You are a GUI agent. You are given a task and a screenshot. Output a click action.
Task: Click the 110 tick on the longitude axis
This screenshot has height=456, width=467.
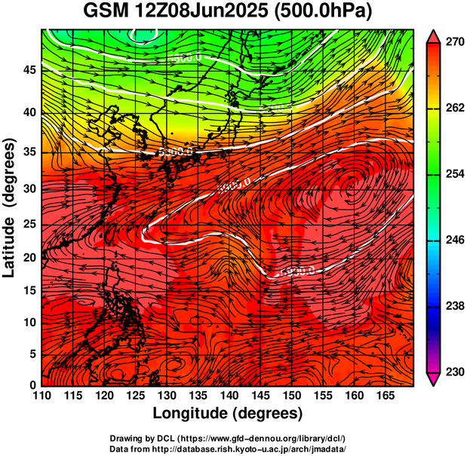(x=41, y=396)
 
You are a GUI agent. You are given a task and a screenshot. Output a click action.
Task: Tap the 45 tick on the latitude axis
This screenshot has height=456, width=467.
(x=28, y=70)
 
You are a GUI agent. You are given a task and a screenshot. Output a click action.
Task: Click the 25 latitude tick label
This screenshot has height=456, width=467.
(x=28, y=225)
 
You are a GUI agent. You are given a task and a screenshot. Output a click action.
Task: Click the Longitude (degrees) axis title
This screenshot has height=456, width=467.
(x=228, y=413)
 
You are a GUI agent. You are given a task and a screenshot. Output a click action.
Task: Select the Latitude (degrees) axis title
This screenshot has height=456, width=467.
(x=11, y=208)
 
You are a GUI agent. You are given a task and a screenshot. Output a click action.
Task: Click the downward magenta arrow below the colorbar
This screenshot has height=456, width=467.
(x=434, y=379)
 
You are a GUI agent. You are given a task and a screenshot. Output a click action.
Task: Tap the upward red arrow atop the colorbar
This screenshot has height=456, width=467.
(x=434, y=35)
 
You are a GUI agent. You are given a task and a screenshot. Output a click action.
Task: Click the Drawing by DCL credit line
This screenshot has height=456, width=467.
(x=228, y=439)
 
